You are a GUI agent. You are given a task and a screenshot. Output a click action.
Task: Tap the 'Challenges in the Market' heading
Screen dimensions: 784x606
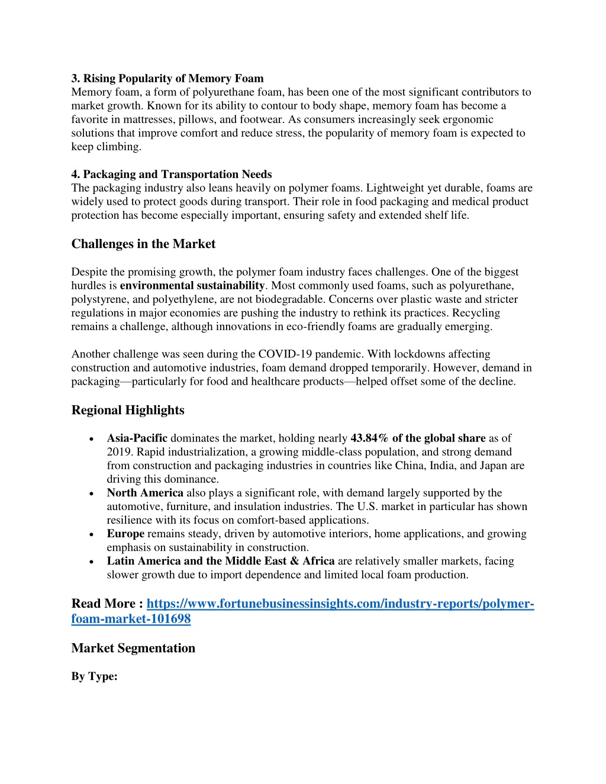pyautogui.click(x=143, y=244)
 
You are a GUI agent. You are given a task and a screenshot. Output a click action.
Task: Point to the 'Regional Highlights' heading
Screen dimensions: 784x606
pyautogui.click(x=128, y=410)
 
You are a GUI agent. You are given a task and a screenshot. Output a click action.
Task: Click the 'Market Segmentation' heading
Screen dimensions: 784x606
pyautogui.click(x=133, y=648)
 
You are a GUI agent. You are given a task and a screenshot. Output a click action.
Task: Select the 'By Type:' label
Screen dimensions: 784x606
pyautogui.click(x=94, y=676)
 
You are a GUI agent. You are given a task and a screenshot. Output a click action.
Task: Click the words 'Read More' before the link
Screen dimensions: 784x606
pyautogui.click(x=104, y=604)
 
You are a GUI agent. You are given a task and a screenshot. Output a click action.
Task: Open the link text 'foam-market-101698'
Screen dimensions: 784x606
pyautogui.click(x=131, y=619)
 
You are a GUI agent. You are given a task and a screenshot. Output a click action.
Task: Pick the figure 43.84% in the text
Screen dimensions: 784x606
pyautogui.click(x=370, y=438)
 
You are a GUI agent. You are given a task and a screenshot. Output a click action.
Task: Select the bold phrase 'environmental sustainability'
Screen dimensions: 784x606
pyautogui.click(x=192, y=286)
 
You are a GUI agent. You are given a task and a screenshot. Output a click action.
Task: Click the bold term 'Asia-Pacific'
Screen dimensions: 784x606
pyautogui.click(x=137, y=438)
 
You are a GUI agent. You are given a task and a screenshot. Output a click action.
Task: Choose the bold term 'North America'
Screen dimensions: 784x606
pyautogui.click(x=145, y=493)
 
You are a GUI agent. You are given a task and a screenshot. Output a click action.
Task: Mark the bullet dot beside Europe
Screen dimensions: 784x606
pyautogui.click(x=90, y=534)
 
